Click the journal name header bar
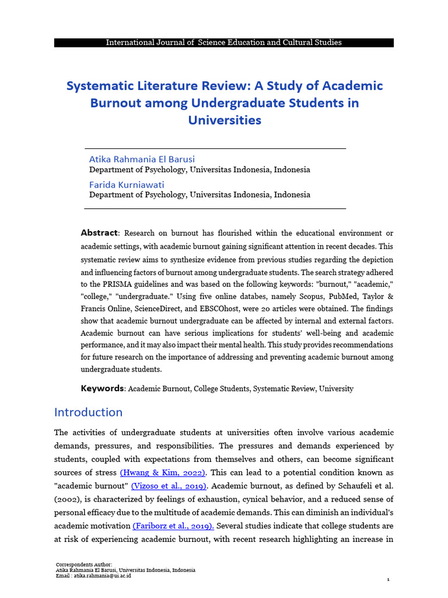click(x=224, y=43)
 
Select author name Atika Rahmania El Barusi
click(x=142, y=159)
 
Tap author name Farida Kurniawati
click(x=127, y=185)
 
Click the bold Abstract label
click(x=99, y=233)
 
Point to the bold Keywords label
click(x=102, y=388)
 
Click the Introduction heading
click(x=88, y=412)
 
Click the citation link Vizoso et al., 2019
click(x=169, y=485)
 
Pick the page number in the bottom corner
click(x=388, y=579)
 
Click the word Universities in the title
click(x=225, y=121)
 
